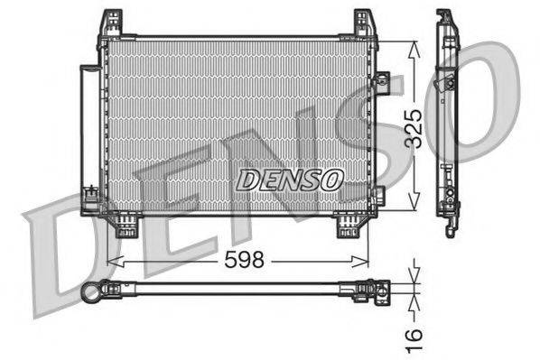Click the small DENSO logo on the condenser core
click(x=289, y=180)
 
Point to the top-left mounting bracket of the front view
click(x=111, y=23)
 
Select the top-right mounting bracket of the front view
click(x=365, y=23)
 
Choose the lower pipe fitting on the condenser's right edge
click(x=378, y=194)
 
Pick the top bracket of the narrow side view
click(x=445, y=20)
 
